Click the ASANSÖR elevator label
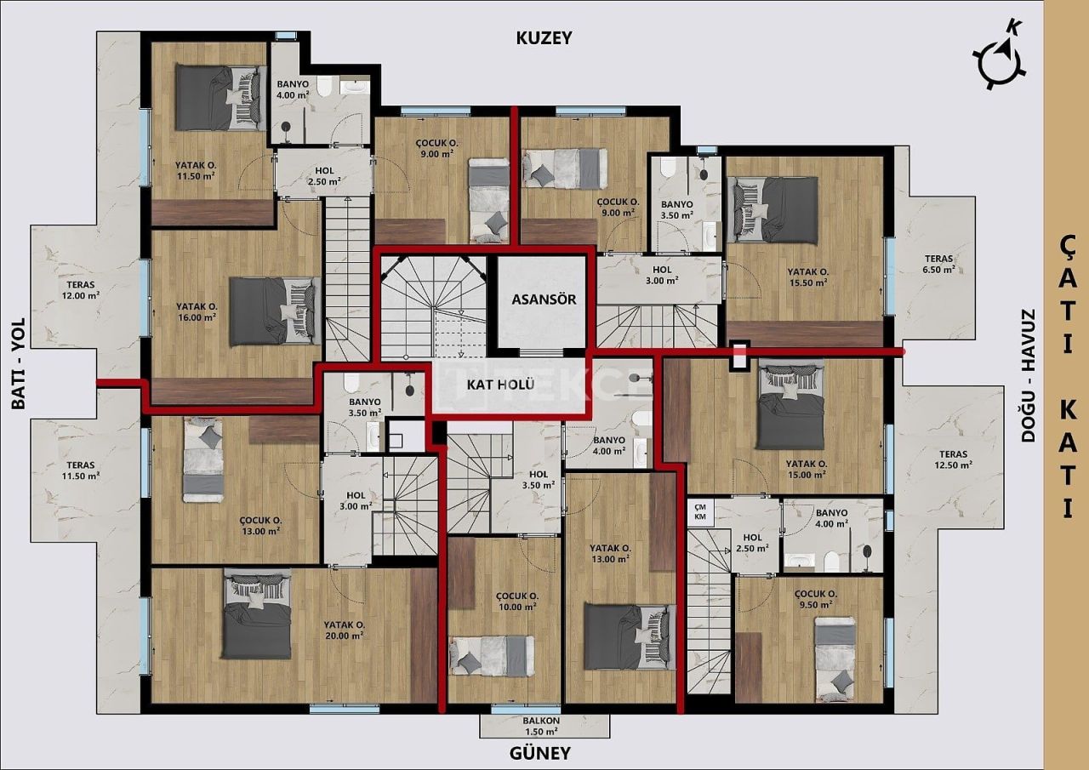coord(544,299)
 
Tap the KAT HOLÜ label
coord(500,385)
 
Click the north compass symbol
coord(999,58)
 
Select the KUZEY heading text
coord(544,37)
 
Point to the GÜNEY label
coord(539,753)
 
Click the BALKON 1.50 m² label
coord(540,725)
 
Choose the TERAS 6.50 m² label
coord(939,264)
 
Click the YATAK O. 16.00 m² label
coord(196,311)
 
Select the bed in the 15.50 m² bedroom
coord(775,209)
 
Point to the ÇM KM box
coord(700,511)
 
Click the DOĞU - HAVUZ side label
coord(1028,374)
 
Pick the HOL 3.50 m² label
coord(538,480)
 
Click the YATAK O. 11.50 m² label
coord(195,170)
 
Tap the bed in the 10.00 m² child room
coord(492,656)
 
